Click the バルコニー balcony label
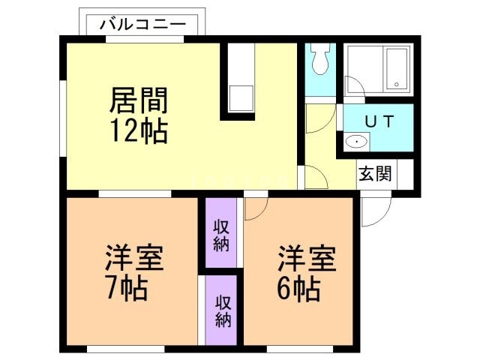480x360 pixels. (x=142, y=23)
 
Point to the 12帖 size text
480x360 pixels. (x=139, y=131)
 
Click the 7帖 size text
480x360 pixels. (x=125, y=287)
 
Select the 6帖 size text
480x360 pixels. (x=298, y=287)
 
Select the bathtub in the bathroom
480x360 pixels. (x=396, y=67)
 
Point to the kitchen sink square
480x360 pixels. (x=241, y=98)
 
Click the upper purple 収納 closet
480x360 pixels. (x=221, y=234)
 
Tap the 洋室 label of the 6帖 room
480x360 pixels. (x=307, y=259)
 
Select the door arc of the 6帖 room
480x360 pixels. (x=253, y=208)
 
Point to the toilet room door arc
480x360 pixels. (x=317, y=118)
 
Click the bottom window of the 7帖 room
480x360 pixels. (x=125, y=349)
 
